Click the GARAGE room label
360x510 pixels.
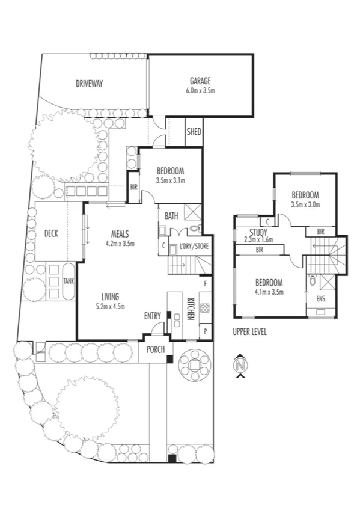(201, 81)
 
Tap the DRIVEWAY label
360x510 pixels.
(89, 84)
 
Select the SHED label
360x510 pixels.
(194, 132)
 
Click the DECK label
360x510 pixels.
(51, 233)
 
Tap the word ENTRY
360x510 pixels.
(153, 316)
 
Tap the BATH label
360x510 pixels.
(171, 216)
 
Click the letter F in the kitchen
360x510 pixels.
(205, 282)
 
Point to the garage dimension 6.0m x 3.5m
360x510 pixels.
(201, 90)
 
